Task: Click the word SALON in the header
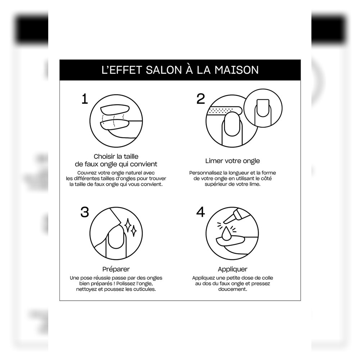click(164, 70)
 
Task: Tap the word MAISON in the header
click(237, 70)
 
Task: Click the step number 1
click(85, 99)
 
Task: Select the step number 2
click(201, 99)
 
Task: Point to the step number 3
click(85, 212)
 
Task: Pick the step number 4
click(201, 212)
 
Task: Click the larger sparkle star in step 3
click(128, 225)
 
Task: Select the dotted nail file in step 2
click(224, 111)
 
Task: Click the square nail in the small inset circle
click(263, 108)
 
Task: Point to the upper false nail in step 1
click(115, 109)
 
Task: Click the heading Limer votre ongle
click(233, 161)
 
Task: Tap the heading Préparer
click(116, 269)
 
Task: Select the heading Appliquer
click(233, 269)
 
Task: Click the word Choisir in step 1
click(104, 157)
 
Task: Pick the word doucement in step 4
click(233, 289)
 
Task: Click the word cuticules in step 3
click(144, 289)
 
